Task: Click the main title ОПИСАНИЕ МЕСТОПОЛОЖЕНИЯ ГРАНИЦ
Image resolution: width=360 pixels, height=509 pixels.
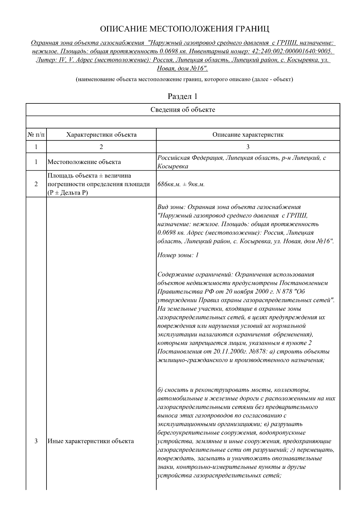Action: click(x=184, y=29)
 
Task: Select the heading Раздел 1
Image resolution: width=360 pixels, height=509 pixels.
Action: click(x=182, y=97)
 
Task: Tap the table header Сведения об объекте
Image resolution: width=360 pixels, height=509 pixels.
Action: click(x=183, y=110)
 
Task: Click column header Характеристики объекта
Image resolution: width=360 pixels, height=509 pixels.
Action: click(x=101, y=135)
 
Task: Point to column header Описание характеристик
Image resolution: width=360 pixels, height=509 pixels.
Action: click(x=248, y=135)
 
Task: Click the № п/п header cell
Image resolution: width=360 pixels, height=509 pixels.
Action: click(x=36, y=135)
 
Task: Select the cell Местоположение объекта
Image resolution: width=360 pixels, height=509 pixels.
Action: click(x=84, y=162)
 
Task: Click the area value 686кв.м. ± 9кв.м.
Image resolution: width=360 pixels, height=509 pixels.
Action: click(x=181, y=184)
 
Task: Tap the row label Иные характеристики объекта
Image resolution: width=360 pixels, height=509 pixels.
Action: click(x=91, y=441)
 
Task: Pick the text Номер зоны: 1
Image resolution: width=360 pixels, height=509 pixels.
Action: click(x=178, y=255)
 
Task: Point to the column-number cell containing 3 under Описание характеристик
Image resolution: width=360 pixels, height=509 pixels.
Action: click(x=248, y=147)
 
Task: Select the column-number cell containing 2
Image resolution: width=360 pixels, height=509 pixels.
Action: click(x=101, y=147)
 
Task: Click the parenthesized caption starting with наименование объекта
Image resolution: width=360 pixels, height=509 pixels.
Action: click(x=184, y=79)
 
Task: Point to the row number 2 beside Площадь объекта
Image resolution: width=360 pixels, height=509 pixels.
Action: click(x=36, y=184)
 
